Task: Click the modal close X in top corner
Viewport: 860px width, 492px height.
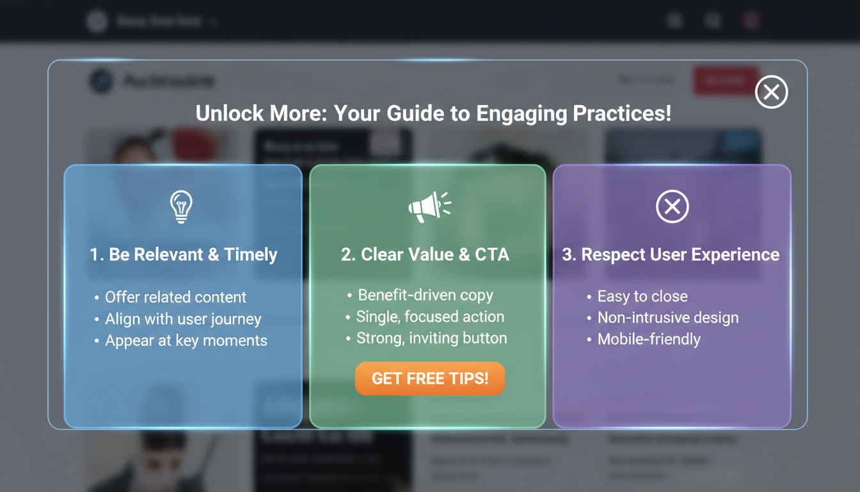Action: click(x=771, y=92)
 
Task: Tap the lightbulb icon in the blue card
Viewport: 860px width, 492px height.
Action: click(x=181, y=206)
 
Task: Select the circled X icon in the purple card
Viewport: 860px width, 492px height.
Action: click(x=672, y=206)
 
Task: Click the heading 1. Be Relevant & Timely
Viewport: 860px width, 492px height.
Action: click(x=183, y=254)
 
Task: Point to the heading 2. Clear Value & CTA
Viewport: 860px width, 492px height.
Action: click(x=425, y=254)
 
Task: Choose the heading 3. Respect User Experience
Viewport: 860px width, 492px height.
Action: click(x=671, y=254)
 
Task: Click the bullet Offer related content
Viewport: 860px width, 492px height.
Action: click(x=175, y=297)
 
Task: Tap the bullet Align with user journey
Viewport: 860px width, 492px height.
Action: click(x=183, y=319)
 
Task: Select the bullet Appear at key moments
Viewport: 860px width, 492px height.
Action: click(x=186, y=340)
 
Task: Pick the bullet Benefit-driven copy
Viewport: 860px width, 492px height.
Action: click(x=426, y=295)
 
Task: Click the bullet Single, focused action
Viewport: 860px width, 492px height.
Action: click(x=430, y=316)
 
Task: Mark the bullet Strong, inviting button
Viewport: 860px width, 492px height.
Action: click(x=431, y=338)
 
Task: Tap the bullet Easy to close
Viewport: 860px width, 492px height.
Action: click(x=642, y=296)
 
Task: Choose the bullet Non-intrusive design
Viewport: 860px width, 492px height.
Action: click(x=667, y=318)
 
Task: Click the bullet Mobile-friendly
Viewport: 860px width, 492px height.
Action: click(x=649, y=339)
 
